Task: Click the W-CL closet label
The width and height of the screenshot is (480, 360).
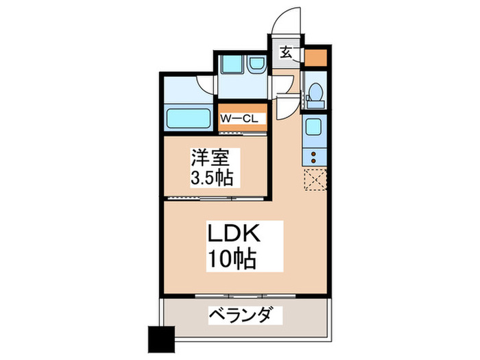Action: [239, 118]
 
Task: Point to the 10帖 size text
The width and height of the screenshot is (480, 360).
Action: [233, 260]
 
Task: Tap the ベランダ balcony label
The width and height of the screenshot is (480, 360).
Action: [244, 316]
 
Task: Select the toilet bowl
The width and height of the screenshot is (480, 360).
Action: [316, 93]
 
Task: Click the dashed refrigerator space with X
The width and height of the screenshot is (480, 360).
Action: [315, 178]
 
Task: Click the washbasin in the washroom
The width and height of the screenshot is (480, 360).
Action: [256, 65]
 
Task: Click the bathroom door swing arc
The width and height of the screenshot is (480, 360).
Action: [206, 83]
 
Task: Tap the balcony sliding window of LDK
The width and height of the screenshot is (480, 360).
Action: [245, 296]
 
